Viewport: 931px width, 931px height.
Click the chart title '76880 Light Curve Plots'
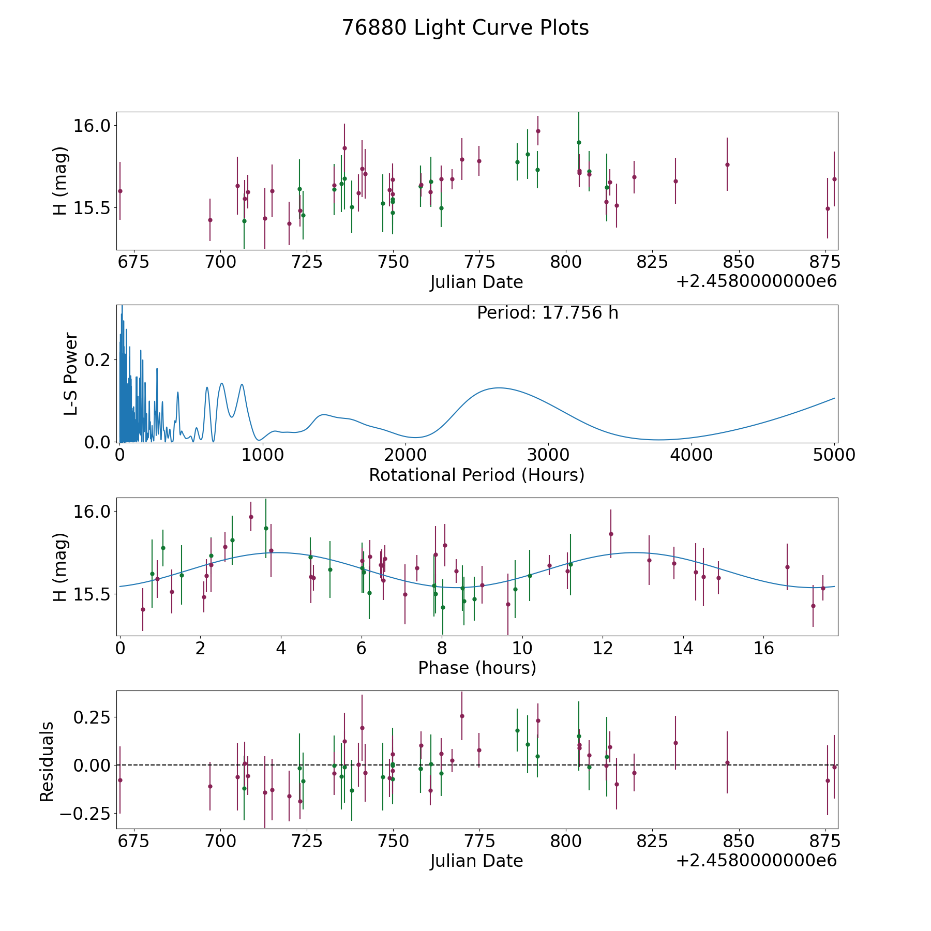(465, 28)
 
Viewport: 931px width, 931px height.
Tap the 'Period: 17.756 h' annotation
(548, 313)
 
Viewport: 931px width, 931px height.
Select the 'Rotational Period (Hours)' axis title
(476, 475)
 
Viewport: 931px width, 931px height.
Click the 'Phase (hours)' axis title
(477, 668)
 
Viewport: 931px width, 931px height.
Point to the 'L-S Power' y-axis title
(71, 374)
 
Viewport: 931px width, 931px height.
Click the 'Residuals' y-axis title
(47, 762)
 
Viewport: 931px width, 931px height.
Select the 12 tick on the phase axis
(603, 648)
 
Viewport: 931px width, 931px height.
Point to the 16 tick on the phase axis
(763, 648)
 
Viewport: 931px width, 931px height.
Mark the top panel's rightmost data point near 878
(834, 179)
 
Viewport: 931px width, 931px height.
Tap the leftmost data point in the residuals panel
(120, 780)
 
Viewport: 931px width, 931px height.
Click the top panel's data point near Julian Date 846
(727, 164)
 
